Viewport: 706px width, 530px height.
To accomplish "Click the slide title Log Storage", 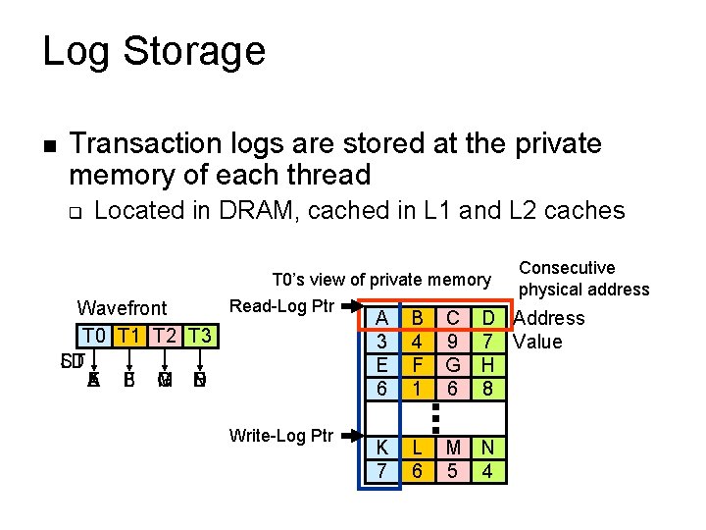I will [154, 51].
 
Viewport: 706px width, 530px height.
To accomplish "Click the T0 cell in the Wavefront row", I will [95, 335].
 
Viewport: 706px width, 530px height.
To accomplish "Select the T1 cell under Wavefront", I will [130, 335].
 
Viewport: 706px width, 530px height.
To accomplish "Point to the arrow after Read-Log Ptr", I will [350, 306].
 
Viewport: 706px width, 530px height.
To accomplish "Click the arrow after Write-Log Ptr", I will [350, 433].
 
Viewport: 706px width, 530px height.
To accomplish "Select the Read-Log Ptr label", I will [282, 305].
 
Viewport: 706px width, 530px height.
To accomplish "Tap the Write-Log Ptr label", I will [281, 433].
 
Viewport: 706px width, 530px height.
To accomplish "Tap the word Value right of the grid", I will [538, 342].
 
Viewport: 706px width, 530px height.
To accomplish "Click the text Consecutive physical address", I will [583, 279].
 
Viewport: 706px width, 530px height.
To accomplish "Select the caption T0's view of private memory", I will [380, 280].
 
